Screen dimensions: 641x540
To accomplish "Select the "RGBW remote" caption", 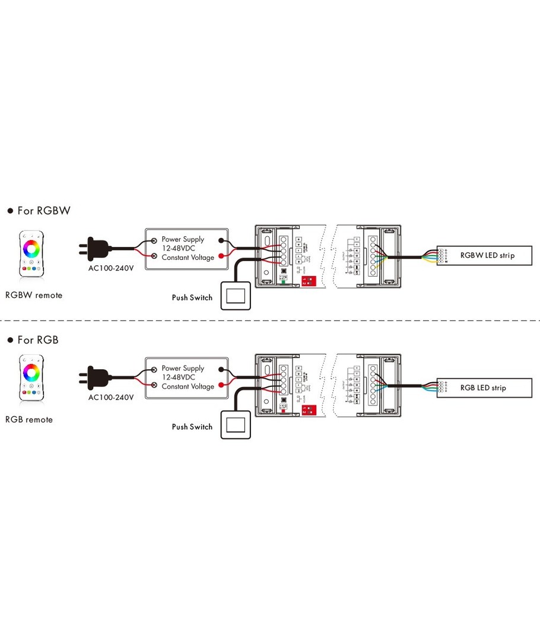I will click(34, 295).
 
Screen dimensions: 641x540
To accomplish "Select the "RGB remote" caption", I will click(29, 420).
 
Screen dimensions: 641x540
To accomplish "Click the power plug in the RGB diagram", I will click(96, 377).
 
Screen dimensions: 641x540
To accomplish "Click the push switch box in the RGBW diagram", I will click(236, 296).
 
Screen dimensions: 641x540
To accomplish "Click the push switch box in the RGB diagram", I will click(236, 425).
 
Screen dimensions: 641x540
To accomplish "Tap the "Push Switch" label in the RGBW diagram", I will click(192, 297).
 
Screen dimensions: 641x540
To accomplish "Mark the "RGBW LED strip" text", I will click(488, 256).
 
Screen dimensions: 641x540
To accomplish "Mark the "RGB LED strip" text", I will click(483, 388).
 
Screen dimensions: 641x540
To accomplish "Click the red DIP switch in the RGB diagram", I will click(308, 409).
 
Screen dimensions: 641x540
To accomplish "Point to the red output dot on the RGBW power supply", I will click(222, 257).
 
